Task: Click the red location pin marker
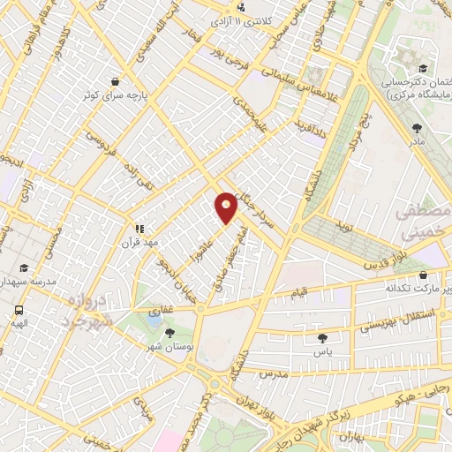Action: pyautogui.click(x=227, y=207)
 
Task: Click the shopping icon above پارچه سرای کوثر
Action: pyautogui.click(x=116, y=80)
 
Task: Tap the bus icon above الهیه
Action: pyautogui.click(x=19, y=310)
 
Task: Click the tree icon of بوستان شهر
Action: pyautogui.click(x=169, y=333)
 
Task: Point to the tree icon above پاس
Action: pyautogui.click(x=320, y=337)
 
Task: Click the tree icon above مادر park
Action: pyautogui.click(x=416, y=128)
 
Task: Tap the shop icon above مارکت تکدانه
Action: pyautogui.click(x=421, y=274)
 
